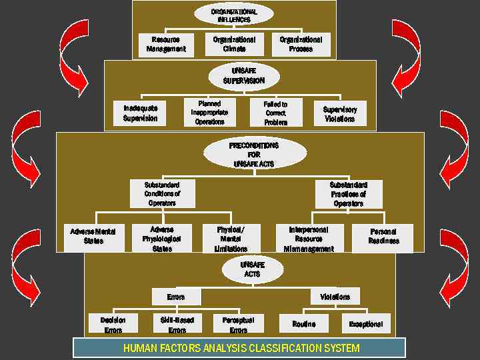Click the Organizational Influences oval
point(234,15)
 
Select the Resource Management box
point(165,45)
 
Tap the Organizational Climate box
point(234,44)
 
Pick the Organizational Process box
point(301,44)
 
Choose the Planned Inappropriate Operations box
point(210,113)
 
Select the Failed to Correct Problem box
point(275,113)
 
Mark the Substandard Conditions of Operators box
point(161,194)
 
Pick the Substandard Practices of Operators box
point(348,194)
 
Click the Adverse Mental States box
point(93,236)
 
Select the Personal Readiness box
point(383,237)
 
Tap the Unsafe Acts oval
point(248,269)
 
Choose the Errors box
point(176,297)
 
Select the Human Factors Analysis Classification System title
point(239,348)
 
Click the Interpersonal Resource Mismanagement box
point(309,238)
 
